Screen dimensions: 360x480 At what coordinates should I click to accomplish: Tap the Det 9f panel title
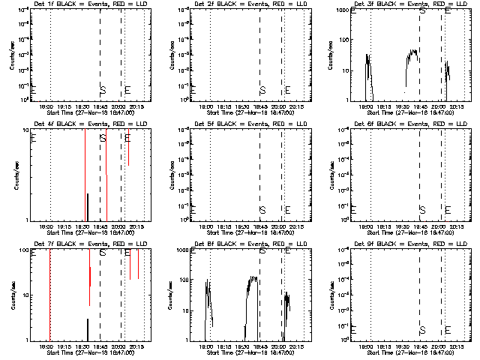[405, 244]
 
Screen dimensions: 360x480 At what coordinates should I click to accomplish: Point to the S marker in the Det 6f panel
[422, 210]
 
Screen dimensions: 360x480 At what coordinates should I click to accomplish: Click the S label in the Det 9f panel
[422, 330]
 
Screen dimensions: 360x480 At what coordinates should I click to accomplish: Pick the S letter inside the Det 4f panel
[103, 139]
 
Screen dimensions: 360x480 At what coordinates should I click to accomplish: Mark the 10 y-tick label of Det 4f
[25, 130]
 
